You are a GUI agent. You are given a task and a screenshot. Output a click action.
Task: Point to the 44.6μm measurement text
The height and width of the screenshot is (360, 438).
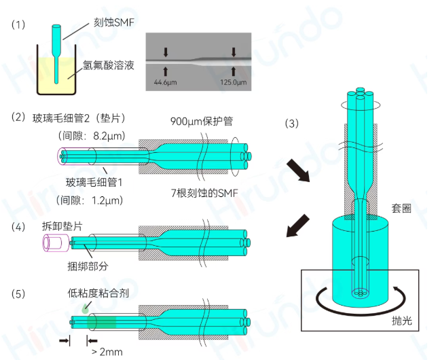[x=166, y=83]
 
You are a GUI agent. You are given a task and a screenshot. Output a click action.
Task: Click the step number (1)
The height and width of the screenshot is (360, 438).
[x=18, y=24]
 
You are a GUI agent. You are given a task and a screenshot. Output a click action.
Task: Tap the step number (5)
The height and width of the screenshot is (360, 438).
[x=18, y=294]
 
